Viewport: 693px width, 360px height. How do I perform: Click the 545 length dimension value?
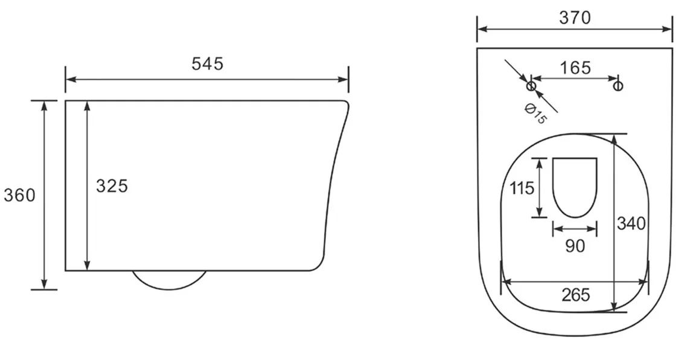click(x=207, y=63)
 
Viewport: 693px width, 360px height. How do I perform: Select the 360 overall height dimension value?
click(x=19, y=195)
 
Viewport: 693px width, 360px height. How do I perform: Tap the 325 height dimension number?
click(x=112, y=186)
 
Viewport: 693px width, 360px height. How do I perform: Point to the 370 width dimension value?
click(x=575, y=18)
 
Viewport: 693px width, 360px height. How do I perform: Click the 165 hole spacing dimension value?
click(x=575, y=68)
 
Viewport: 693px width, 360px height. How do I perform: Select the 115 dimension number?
click(x=522, y=188)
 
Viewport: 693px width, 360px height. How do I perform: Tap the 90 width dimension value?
click(x=575, y=246)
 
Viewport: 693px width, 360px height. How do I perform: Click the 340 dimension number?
click(x=631, y=223)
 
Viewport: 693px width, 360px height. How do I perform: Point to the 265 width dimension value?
click(x=576, y=295)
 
